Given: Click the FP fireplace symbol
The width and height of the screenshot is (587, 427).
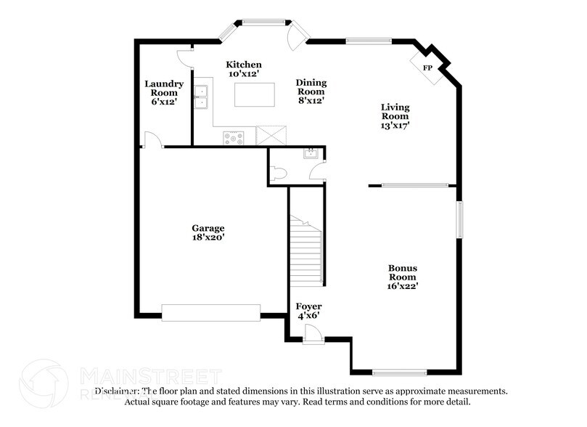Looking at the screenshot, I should click(427, 68).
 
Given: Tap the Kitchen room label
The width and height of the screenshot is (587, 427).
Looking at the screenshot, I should click(244, 65).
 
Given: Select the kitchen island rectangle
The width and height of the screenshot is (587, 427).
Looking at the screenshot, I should click(255, 94).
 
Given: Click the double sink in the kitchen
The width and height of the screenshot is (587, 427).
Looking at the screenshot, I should click(200, 97).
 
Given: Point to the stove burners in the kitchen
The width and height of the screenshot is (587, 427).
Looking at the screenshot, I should click(234, 137).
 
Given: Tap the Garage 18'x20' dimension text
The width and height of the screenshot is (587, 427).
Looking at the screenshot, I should click(208, 237).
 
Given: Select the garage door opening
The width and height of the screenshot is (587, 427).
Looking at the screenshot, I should click(210, 312).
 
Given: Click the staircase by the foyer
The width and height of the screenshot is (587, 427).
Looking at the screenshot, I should click(305, 251).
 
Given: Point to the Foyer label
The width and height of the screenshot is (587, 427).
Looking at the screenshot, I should click(309, 306).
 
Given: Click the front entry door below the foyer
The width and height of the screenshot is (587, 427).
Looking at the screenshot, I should click(313, 335).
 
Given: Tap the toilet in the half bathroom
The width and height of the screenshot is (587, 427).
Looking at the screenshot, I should click(278, 174).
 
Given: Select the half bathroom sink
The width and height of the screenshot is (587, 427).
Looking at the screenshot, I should click(311, 153).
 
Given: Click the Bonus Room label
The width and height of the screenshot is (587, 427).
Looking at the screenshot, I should click(402, 272).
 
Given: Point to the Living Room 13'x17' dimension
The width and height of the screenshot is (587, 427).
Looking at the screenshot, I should click(395, 125).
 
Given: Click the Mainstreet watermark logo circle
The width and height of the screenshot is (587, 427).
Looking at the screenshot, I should click(44, 383).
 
